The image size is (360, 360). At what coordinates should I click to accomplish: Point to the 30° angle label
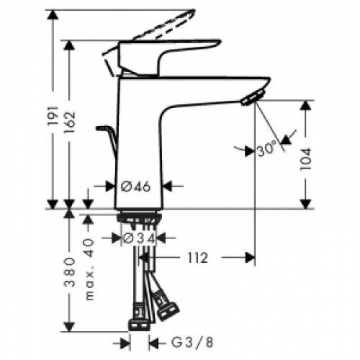click(265, 150)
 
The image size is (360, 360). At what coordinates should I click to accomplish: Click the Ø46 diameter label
click(135, 186)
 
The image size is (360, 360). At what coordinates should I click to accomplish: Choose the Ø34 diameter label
click(141, 237)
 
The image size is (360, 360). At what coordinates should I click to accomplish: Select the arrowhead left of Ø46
click(110, 186)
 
